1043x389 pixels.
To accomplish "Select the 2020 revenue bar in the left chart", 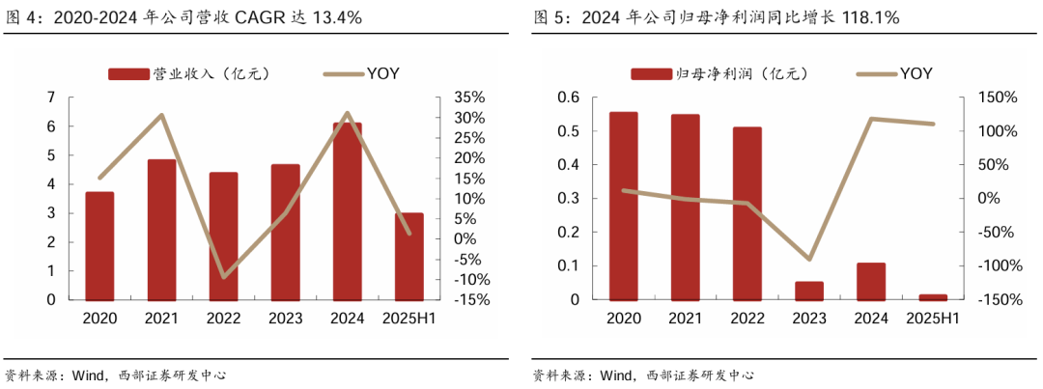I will coord(99,245).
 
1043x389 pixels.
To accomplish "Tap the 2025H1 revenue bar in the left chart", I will coord(409,256).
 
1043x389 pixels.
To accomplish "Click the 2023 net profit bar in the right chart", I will coord(809,290).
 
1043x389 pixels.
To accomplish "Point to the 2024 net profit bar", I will coord(871,281).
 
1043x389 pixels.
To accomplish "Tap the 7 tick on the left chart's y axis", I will coord(50,97).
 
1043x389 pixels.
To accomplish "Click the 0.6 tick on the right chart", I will coord(567,97).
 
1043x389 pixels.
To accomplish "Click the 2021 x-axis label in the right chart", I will coord(685,319).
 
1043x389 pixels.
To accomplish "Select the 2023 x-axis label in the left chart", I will coord(285,319).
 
